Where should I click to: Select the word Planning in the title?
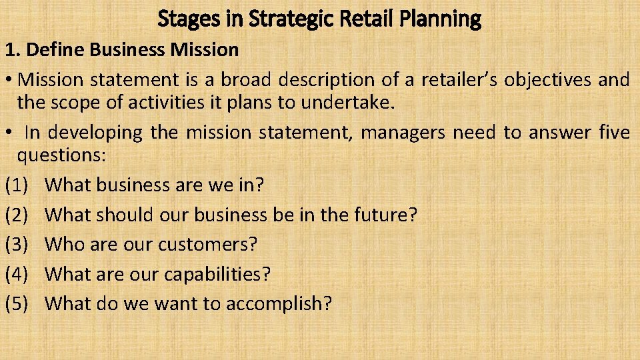(441, 19)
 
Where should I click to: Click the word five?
(613, 133)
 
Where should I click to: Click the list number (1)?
(17, 185)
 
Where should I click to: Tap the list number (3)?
(17, 245)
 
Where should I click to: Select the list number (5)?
(17, 304)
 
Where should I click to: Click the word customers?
(207, 245)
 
